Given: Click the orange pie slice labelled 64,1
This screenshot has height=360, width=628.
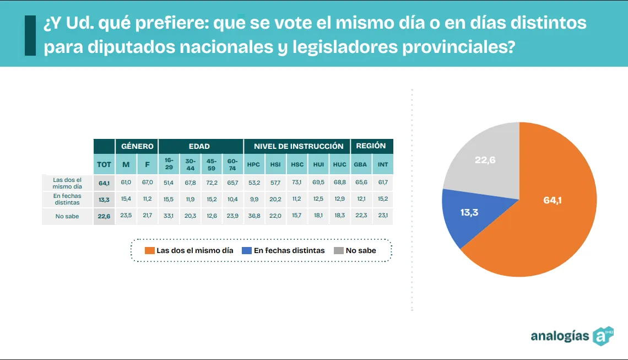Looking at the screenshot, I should click(x=551, y=209).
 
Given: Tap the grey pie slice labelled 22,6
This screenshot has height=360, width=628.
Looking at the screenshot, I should click(x=485, y=163).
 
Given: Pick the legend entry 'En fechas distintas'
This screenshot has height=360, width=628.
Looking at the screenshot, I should click(x=283, y=250).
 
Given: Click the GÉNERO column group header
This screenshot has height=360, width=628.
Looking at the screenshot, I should click(x=137, y=146).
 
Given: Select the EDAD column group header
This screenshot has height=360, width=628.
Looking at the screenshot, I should click(x=199, y=146).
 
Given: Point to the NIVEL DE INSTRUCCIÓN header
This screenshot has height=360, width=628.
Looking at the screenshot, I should click(x=298, y=146).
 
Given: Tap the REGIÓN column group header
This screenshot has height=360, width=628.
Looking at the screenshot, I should click(x=371, y=146).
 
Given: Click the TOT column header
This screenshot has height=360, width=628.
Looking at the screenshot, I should click(x=104, y=164).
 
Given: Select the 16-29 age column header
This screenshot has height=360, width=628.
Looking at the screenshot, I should click(x=169, y=164).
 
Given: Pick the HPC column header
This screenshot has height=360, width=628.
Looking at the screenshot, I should click(x=253, y=164).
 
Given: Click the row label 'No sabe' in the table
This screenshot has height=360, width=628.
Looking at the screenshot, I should click(x=67, y=217).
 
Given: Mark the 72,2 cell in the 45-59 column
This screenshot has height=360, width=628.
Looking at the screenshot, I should click(x=211, y=182).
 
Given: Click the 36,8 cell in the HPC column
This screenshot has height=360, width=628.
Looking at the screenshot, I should click(x=253, y=216).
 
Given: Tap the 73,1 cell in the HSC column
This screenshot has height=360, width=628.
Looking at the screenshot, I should click(x=297, y=182).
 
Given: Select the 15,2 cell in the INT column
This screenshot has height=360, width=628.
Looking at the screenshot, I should click(x=382, y=199).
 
